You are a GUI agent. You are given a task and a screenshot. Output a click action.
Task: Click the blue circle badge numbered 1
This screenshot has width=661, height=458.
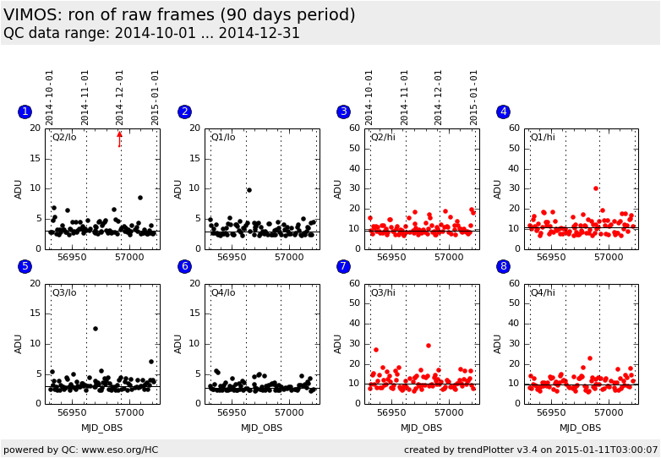coord(25,112)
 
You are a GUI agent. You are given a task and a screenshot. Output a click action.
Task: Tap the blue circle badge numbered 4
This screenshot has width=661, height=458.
coord(503,112)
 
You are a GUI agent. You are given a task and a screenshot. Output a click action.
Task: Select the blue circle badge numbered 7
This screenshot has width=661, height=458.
coord(343,267)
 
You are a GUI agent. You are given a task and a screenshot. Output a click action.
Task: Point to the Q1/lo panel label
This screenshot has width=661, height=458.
coord(223,137)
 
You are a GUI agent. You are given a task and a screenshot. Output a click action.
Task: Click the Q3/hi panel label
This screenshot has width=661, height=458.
coord(383,292)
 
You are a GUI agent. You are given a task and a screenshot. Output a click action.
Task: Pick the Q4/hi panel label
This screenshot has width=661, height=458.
coord(543,292)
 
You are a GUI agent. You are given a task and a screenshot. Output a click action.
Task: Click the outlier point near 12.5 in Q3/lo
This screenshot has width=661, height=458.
coord(96,329)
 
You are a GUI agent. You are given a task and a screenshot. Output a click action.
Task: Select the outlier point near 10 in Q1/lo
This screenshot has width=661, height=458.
coord(249,190)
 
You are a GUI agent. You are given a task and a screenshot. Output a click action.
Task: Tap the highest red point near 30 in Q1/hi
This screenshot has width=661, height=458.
coord(595,188)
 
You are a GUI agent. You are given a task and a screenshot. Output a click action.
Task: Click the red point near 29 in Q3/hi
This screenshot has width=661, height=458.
coord(428,346)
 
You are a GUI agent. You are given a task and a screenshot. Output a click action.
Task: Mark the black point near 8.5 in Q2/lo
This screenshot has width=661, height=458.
coord(140,198)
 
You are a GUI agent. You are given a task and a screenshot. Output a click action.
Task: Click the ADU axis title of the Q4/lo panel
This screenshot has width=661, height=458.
coord(178,344)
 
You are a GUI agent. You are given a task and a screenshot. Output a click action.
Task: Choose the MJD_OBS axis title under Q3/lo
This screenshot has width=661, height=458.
coord(101,428)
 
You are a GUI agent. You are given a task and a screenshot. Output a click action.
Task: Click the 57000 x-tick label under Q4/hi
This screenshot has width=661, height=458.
coord(608,413)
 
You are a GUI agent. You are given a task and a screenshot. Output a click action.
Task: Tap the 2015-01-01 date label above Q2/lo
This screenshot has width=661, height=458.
coord(156,97)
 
